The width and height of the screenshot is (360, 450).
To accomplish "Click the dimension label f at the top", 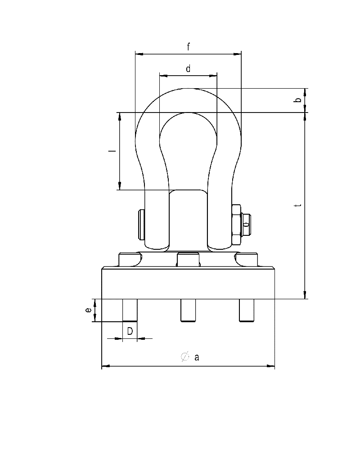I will tap(188, 46).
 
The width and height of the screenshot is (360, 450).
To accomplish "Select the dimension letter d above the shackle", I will tap(188, 68).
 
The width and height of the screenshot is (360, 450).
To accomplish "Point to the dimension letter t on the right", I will tap(297, 205).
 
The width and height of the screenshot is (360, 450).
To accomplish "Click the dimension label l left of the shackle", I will tap(114, 151).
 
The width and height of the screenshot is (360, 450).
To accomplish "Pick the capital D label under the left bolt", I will tap(130, 332).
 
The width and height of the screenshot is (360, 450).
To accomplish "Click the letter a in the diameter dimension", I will tap(197, 357).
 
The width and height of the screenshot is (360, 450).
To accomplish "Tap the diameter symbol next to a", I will tap(184, 357).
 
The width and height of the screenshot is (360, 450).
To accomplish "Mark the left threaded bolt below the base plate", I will tap(130, 310).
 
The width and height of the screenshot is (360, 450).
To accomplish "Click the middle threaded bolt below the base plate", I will tap(188, 310).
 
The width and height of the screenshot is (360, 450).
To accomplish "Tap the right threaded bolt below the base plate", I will tap(247, 310).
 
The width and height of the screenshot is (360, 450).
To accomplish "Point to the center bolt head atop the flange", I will tap(188, 260).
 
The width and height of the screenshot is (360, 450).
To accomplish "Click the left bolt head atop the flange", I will tap(128, 260).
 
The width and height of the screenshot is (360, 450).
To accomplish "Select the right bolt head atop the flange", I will tap(248, 260).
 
